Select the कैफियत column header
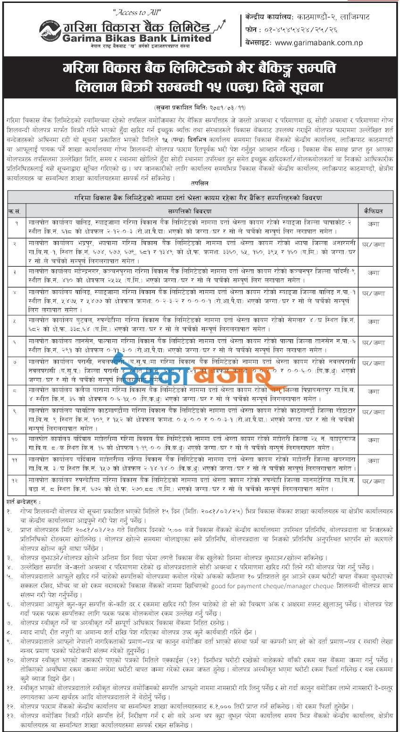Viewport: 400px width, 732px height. click(x=373, y=211)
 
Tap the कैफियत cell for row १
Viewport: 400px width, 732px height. click(x=373, y=226)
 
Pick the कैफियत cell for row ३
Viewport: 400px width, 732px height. click(x=373, y=272)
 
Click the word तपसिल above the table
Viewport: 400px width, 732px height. click(x=200, y=182)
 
